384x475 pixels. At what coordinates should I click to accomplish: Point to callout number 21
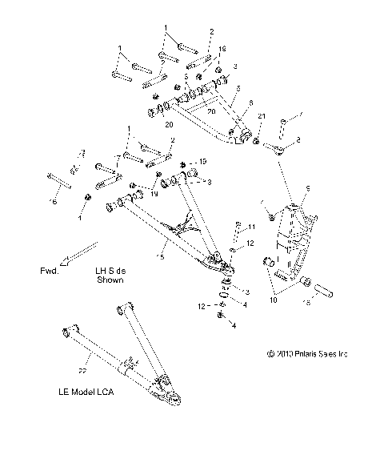[261, 118]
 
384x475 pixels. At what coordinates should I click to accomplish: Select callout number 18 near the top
[222, 49]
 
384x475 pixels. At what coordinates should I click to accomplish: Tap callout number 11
[251, 227]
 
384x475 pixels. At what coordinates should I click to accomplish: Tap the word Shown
[111, 281]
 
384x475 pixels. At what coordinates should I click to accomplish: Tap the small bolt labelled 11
[238, 231]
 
